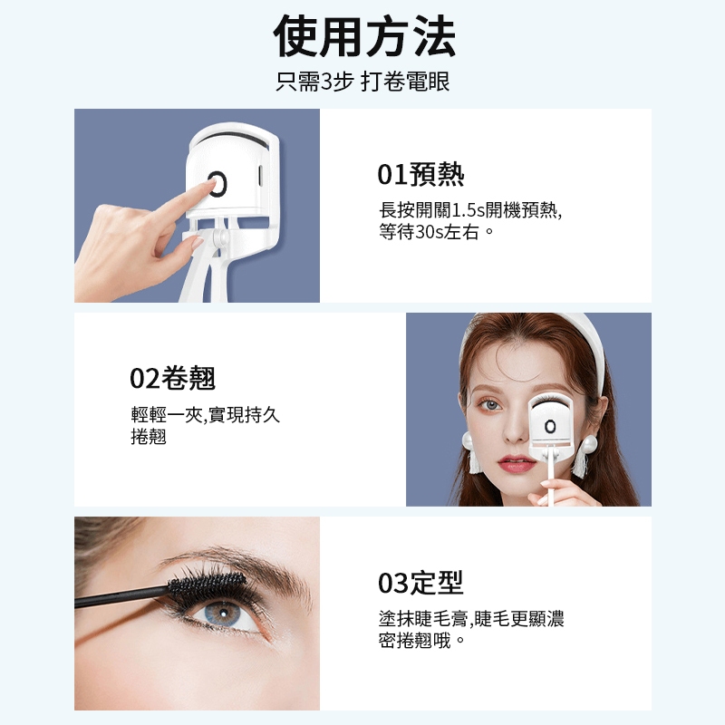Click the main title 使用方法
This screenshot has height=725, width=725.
coord(364,35)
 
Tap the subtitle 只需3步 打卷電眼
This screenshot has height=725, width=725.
coord(362,82)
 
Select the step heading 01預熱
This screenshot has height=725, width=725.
coord(420,174)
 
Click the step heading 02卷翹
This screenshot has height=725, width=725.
coord(172,378)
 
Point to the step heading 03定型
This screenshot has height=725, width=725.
coord(420,583)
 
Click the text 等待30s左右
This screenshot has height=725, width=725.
coord(429,232)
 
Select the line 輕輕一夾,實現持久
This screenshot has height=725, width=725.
coord(206,415)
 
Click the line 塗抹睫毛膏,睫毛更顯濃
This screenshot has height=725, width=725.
coord(470,619)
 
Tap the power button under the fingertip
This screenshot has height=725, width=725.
coord(217,184)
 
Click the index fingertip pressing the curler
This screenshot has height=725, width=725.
coord(209,184)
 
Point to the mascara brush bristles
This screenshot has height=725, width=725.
coord(207,584)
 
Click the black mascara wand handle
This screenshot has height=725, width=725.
coord(121,596)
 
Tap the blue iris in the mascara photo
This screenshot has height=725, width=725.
coord(222,613)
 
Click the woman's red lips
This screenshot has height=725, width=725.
coord(517,463)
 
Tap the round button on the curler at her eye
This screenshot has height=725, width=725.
coord(549,426)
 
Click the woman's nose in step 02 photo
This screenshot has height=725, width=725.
coord(513,428)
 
